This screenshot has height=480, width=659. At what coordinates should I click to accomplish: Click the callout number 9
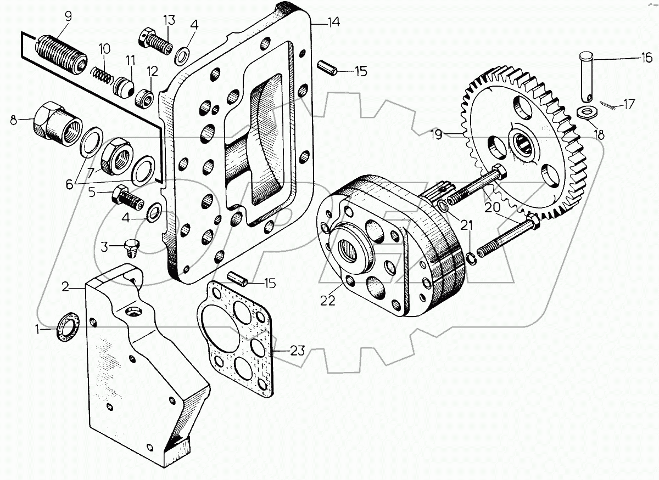click(x=68, y=16)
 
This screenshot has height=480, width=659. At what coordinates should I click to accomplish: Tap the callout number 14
click(x=333, y=22)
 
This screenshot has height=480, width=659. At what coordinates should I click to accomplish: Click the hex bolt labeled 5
click(x=127, y=195)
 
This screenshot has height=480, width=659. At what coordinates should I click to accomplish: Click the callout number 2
click(x=65, y=286)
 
